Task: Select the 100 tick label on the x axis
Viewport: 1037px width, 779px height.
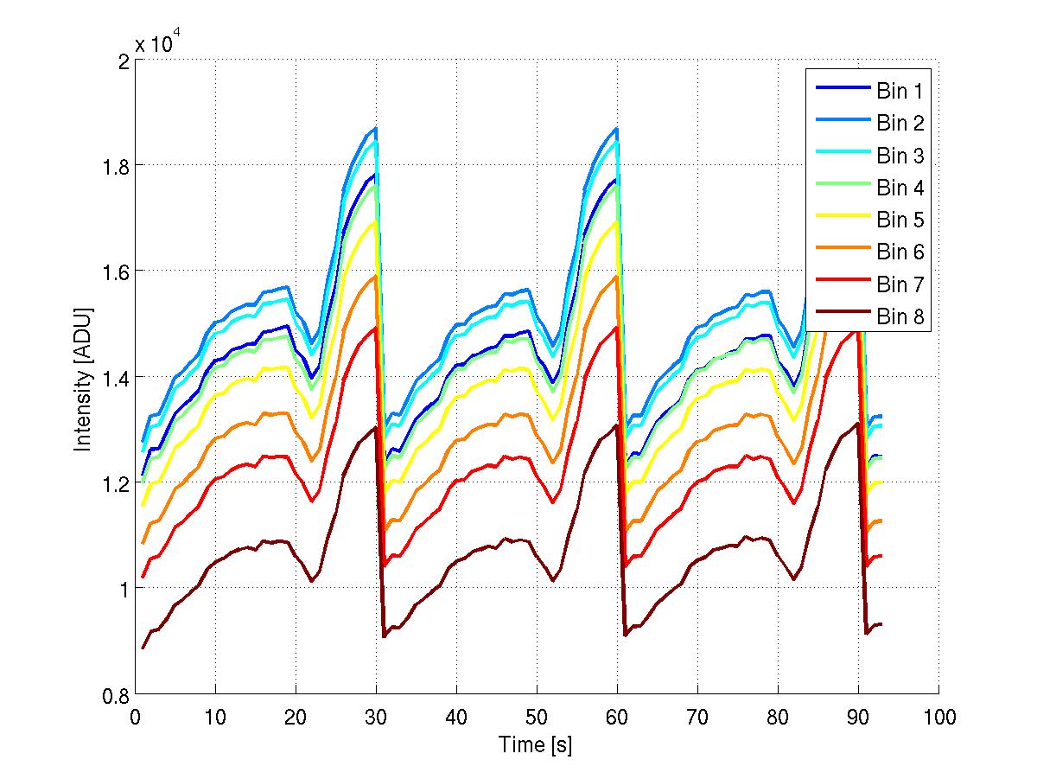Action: click(938, 717)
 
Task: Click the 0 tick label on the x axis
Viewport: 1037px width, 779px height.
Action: click(135, 717)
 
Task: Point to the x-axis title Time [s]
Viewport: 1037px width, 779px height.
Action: click(535, 744)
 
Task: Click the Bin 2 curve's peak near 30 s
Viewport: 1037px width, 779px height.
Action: click(376, 128)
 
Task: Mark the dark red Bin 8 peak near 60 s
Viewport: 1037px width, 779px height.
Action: click(616, 425)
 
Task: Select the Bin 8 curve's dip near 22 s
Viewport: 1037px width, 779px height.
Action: click(312, 581)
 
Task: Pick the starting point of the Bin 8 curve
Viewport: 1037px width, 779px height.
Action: click(143, 648)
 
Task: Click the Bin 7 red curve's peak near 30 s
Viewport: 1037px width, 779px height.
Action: click(376, 327)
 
